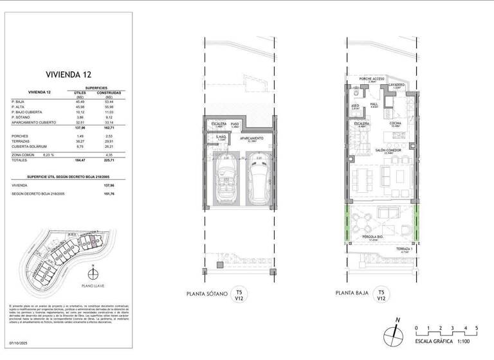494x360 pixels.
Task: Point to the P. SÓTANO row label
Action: [23, 117]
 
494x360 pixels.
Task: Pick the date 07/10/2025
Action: [20, 344]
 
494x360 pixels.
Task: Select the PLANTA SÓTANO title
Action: [205, 294]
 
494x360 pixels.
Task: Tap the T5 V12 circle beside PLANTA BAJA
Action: [381, 294]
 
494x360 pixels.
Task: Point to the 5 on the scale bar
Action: [476, 328]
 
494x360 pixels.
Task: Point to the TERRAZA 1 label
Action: [404, 249]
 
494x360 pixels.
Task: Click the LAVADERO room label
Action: [396, 85]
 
